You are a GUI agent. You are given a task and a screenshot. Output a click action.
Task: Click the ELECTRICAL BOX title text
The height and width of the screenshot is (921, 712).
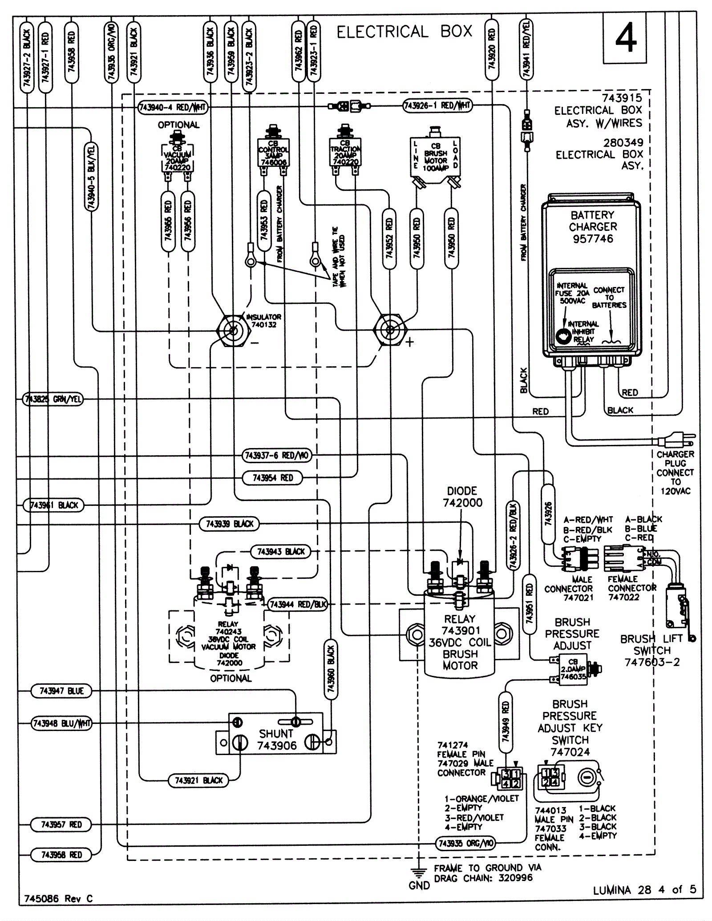[404, 32]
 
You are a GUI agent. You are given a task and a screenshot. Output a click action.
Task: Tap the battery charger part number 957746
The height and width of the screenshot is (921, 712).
[593, 239]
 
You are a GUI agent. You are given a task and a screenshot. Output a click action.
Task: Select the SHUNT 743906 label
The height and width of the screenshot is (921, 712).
[276, 739]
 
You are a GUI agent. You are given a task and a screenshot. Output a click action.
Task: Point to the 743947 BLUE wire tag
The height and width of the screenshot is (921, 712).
[61, 691]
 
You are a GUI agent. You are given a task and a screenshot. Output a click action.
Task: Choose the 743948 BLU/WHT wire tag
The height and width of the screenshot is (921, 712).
[61, 723]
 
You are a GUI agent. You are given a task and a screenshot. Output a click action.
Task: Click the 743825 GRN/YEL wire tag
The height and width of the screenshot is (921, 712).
[53, 399]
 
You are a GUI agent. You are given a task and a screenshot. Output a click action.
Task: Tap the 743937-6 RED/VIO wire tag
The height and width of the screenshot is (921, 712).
[277, 455]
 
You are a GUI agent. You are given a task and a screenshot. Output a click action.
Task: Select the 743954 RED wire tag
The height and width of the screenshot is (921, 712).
[273, 478]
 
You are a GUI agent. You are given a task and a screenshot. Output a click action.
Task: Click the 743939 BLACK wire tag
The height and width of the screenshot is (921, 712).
[229, 524]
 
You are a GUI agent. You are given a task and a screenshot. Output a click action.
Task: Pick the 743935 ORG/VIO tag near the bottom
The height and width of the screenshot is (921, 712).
[465, 843]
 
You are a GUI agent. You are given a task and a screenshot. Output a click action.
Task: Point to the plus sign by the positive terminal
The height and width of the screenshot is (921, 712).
[409, 342]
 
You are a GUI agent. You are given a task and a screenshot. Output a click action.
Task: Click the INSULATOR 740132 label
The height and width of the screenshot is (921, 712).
[263, 321]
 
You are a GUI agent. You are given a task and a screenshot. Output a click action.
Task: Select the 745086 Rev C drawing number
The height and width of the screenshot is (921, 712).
[58, 898]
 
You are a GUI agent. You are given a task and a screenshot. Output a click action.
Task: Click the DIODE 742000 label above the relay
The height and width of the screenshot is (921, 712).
[462, 497]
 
